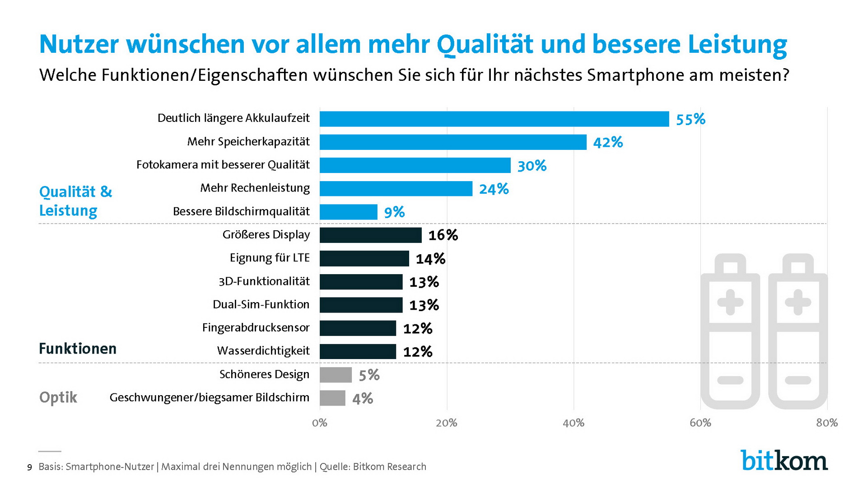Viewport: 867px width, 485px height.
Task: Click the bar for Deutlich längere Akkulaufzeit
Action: point(494,119)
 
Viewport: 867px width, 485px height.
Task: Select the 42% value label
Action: point(608,143)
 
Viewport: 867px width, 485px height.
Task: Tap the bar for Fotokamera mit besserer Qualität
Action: point(415,165)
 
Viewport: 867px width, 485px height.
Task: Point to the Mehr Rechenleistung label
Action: point(255,188)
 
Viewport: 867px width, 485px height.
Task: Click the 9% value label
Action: point(394,212)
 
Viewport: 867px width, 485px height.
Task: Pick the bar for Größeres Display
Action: point(370,235)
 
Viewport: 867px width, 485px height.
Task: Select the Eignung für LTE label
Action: point(270,258)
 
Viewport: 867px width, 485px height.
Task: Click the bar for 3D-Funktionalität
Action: point(361,282)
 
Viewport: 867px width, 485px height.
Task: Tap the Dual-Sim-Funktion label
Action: point(261,304)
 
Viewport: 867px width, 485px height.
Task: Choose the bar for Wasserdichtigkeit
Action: point(358,351)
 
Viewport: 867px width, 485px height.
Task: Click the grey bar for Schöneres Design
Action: point(336,375)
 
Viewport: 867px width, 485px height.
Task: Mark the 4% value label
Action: point(363,399)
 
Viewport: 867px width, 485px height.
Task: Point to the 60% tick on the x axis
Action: point(700,423)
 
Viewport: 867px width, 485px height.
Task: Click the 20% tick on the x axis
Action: point(447,423)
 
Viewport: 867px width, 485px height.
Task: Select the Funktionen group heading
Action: point(78,349)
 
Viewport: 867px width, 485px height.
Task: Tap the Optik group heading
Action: point(58,397)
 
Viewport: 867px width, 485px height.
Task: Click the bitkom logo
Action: point(784,461)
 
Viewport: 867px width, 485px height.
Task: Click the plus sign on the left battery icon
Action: point(730,302)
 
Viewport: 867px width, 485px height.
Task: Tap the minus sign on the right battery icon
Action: point(798,380)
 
